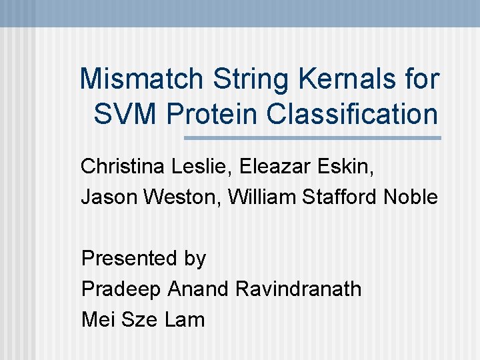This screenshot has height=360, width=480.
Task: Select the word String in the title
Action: coord(251,79)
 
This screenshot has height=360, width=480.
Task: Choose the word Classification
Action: coord(352,113)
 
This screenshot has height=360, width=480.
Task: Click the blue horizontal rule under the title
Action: coord(312,138)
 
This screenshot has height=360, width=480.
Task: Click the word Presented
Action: coord(124,258)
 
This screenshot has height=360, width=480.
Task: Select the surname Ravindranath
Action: coord(299,289)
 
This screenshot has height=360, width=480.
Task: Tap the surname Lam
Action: coord(185,319)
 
